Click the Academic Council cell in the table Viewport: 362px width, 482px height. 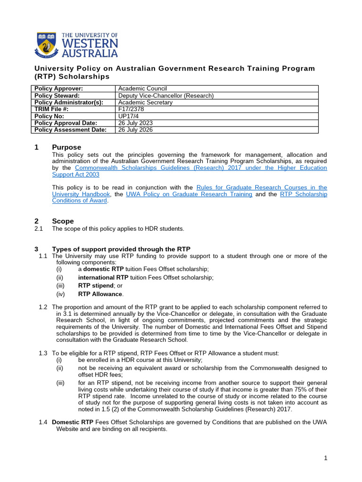pyautogui.click(x=142, y=88)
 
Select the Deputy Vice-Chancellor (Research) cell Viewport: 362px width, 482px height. pyautogui.click(x=165, y=96)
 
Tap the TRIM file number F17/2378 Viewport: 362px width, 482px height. pyautogui.click(x=131, y=109)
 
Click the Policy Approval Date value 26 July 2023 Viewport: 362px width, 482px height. pyautogui.click(x=135, y=123)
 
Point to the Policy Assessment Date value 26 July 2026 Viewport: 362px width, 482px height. pyautogui.click(x=135, y=130)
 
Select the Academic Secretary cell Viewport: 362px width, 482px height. pyautogui.click(x=145, y=102)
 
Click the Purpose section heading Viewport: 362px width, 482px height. pyautogui.click(x=66, y=147)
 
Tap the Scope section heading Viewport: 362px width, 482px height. pyautogui.click(x=63, y=221)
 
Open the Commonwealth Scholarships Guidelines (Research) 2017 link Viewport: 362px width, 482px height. pyautogui.click(x=201, y=168)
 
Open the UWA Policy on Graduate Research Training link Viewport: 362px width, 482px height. pyautogui.click(x=189, y=194)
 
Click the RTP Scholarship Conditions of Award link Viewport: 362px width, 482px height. pyautogui.click(x=304, y=194)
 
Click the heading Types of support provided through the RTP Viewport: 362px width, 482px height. pyautogui.click(x=121, y=249)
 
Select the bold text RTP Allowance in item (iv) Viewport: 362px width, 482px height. pyautogui.click(x=100, y=294)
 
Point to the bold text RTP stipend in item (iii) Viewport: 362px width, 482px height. pyautogui.click(x=96, y=285)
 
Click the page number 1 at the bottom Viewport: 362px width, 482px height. pyautogui.click(x=325, y=458)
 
